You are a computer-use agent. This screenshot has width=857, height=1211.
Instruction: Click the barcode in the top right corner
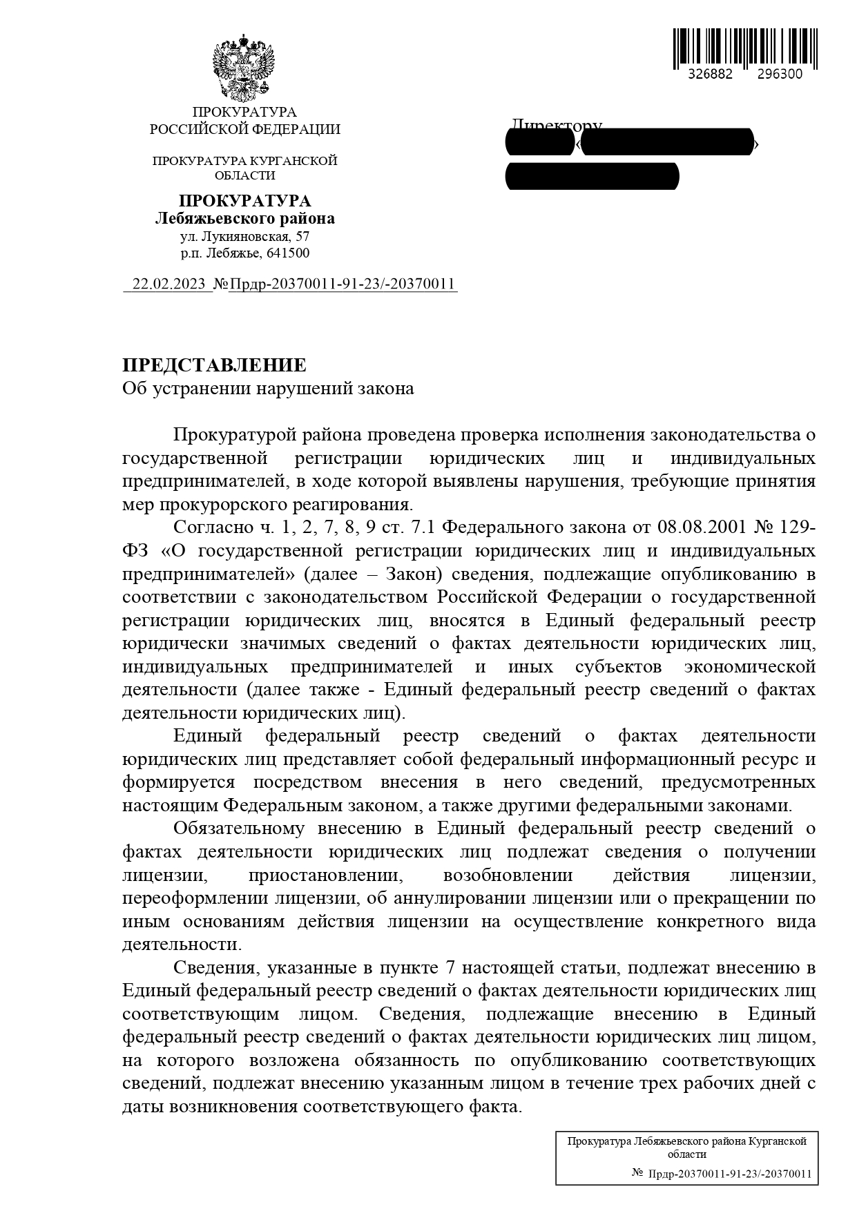pyautogui.click(x=745, y=48)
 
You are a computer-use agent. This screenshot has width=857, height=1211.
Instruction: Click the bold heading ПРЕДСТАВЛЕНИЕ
pyautogui.click(x=214, y=365)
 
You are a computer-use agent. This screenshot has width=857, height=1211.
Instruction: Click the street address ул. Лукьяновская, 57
pyautogui.click(x=244, y=236)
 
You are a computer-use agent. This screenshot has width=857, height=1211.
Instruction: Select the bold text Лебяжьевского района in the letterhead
pyautogui.click(x=244, y=219)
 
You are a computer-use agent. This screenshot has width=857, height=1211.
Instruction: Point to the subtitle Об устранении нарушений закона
pyautogui.click(x=268, y=389)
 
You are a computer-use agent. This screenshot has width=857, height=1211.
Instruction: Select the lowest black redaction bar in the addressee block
pyautogui.click(x=592, y=176)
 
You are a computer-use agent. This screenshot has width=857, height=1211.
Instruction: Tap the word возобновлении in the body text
pyautogui.click(x=508, y=875)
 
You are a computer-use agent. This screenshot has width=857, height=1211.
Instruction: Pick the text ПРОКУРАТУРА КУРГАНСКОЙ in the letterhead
pyautogui.click(x=244, y=161)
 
